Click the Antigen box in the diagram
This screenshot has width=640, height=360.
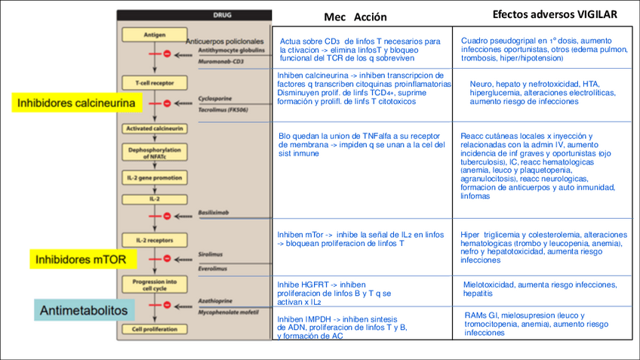(153, 35)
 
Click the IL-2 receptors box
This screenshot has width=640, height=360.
(153, 240)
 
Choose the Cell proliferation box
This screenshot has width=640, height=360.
(153, 329)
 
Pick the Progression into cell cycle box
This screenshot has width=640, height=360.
(153, 284)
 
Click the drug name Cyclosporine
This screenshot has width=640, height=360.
(213, 98)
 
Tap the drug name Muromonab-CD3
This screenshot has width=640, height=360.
(220, 61)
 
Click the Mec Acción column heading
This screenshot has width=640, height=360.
(355, 17)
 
